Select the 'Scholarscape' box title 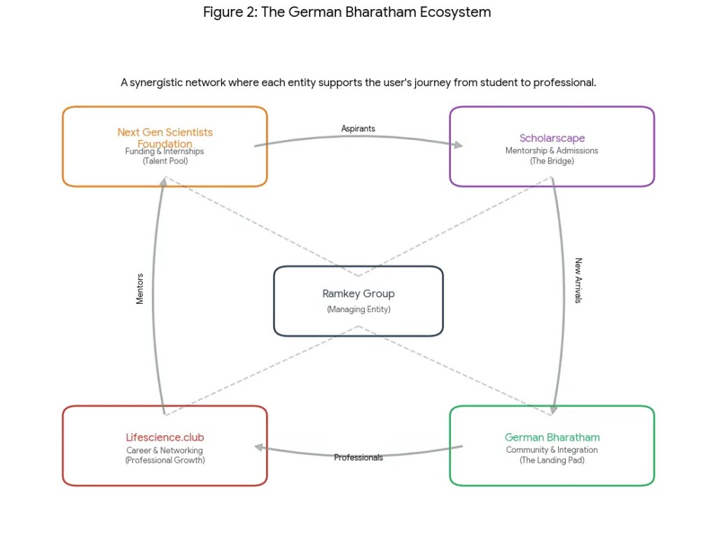pyautogui.click(x=552, y=138)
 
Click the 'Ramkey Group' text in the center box pyautogui.click(x=358, y=294)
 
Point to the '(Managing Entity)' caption pyautogui.click(x=358, y=309)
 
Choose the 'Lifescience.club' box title pyautogui.click(x=165, y=437)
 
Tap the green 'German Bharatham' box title pyautogui.click(x=552, y=437)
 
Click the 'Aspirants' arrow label pyautogui.click(x=358, y=129)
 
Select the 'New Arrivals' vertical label pyautogui.click(x=578, y=281)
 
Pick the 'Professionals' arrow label pyautogui.click(x=358, y=458)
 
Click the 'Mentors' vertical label pyautogui.click(x=140, y=288)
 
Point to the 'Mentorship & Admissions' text pyautogui.click(x=552, y=150)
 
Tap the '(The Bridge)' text pyautogui.click(x=552, y=161)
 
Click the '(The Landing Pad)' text pyautogui.click(x=552, y=460)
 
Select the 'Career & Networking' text pyautogui.click(x=165, y=450)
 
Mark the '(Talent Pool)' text pyautogui.click(x=165, y=161)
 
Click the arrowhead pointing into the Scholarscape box pyautogui.click(x=458, y=145)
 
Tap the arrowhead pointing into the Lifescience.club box pyautogui.click(x=258, y=447)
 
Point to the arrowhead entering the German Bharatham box pyautogui.click(x=555, y=409)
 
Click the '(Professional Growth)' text pyautogui.click(x=165, y=460)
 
